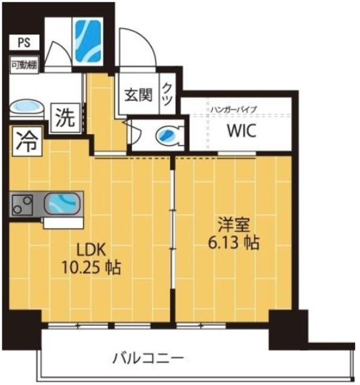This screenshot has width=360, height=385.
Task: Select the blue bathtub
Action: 88,40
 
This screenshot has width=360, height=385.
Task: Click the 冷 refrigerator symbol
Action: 25,143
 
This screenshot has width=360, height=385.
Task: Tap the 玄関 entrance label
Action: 138,95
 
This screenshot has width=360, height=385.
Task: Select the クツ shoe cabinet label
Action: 168,93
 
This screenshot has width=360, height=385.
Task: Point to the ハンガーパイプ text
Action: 234,109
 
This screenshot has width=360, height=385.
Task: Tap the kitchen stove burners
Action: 23,206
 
